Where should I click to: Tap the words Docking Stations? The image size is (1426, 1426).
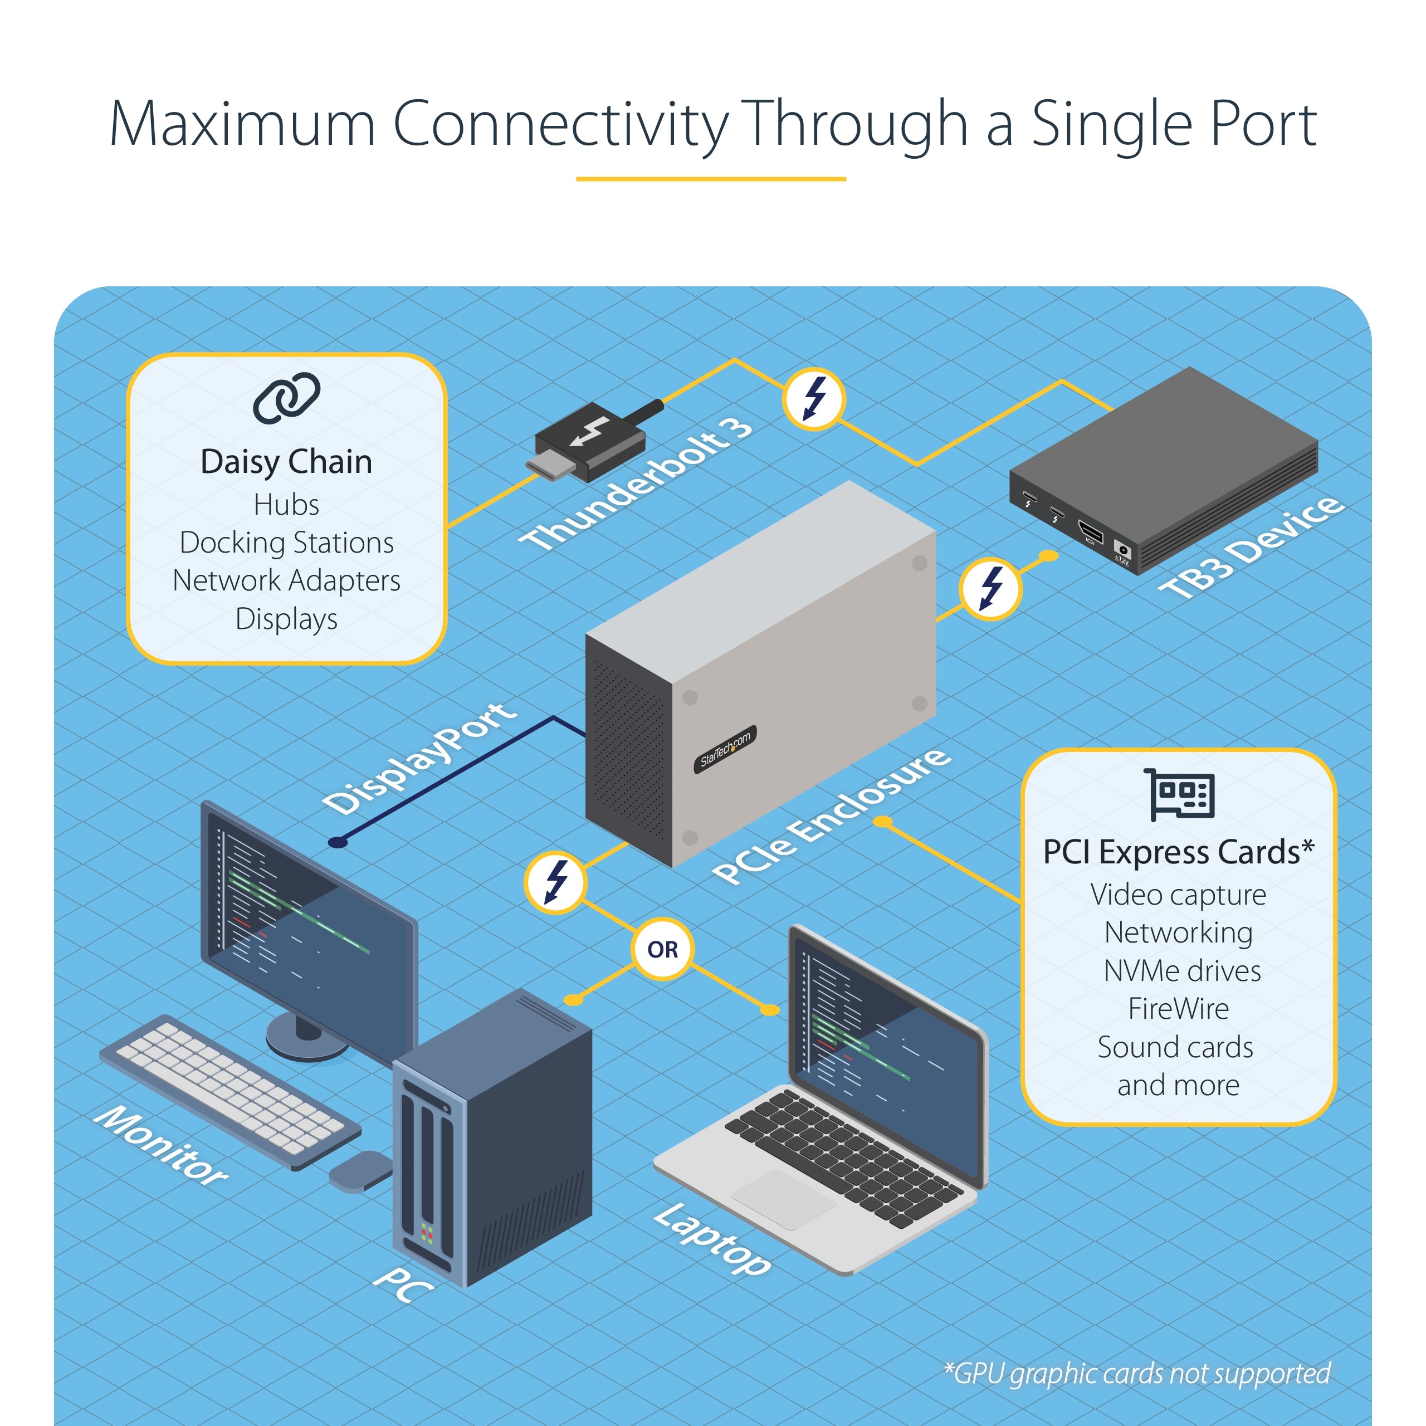pos(286,543)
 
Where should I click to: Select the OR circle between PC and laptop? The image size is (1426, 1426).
pos(662,949)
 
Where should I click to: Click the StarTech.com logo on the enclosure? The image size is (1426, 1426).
pos(725,749)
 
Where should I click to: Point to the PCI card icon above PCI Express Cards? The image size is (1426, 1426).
pos(1179,795)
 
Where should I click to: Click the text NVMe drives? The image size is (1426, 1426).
pos(1181,970)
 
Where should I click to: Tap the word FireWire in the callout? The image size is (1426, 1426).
pos(1178,1009)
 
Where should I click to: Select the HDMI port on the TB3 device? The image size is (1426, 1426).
pos(1091,531)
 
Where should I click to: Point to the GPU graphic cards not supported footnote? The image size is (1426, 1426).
pos(1137,1374)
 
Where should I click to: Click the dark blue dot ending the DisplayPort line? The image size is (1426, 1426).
pos(338,842)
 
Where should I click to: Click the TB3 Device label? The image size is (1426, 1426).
pos(1249,547)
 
